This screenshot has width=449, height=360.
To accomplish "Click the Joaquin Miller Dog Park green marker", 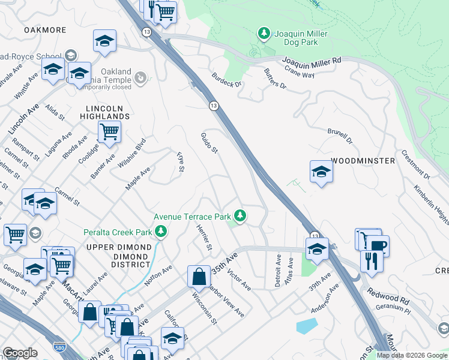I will tap(263, 34).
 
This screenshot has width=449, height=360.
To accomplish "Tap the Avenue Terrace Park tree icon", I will tap(240, 215).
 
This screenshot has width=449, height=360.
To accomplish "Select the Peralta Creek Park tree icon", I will tap(160, 231).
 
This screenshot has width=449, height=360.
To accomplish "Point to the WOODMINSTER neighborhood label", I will tap(363, 161).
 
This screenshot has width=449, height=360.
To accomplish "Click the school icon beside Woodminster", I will tap(321, 172).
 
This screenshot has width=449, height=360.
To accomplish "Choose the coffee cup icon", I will tap(378, 245).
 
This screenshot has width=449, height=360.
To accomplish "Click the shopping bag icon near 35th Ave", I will tap(199, 277).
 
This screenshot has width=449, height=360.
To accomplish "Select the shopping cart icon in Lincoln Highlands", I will tap(109, 131).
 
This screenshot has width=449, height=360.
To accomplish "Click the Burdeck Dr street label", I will tap(226, 80).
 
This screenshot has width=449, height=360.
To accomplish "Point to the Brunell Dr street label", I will tap(339, 136).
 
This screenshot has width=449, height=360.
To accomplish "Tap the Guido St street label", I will tap(208, 142).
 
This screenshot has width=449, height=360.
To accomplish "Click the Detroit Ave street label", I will tap(278, 271).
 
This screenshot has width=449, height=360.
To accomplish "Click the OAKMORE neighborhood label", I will tap(44, 29).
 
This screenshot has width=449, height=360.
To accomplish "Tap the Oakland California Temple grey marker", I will tap(140, 77).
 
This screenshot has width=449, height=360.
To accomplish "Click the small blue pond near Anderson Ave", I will tap(306, 326).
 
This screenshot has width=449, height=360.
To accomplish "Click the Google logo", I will tap(20, 352).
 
